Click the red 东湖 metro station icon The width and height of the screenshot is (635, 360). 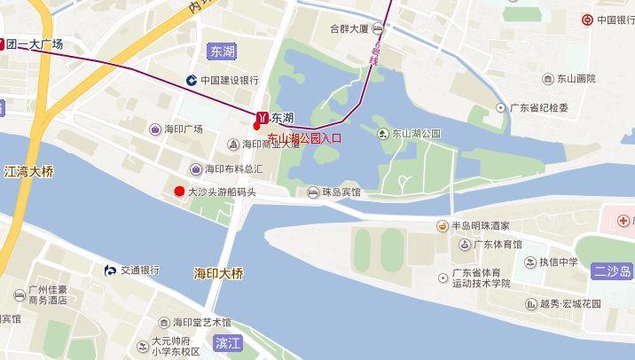[x=262, y=117]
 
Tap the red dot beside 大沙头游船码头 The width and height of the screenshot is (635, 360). [x=179, y=191]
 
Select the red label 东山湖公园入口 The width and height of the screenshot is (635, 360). [x=304, y=138]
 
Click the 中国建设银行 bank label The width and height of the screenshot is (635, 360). [x=229, y=80]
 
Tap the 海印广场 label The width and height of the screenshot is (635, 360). [x=183, y=129]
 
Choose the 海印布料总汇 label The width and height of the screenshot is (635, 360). [x=234, y=168]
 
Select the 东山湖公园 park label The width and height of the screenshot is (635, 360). [x=416, y=134]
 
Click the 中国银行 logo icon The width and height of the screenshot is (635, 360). [x=587, y=20]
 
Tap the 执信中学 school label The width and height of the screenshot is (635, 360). [x=558, y=262]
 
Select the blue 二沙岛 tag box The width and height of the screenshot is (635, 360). [x=613, y=271]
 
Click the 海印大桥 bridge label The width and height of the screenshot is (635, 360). [x=218, y=273]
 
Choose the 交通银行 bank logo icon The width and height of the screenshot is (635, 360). [x=110, y=270]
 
